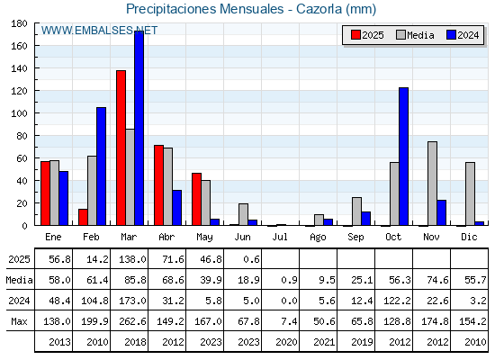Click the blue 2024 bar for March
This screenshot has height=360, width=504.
point(139,128)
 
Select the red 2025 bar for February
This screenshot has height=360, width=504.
point(83,217)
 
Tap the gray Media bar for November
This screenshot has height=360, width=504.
point(432,184)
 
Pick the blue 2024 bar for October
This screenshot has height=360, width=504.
point(404,157)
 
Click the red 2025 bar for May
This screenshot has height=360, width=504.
point(196,199)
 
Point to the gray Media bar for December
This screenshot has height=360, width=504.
point(470,193)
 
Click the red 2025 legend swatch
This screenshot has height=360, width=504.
point(355,35)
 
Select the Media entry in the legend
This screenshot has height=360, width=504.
point(415,35)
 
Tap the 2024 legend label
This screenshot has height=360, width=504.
point(468,35)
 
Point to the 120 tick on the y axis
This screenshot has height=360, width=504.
point(19,91)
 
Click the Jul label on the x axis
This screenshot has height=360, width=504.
point(280,237)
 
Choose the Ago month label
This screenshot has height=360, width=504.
point(318,238)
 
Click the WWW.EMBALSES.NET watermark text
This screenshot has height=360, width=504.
point(99,31)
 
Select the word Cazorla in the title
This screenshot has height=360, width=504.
point(319,9)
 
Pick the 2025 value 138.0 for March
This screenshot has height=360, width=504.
point(132,259)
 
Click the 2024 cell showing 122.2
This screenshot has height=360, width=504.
point(397,301)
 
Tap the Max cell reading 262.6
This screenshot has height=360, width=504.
point(132,321)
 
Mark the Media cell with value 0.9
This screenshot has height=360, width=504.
point(289,280)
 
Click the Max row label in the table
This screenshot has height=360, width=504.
point(19,321)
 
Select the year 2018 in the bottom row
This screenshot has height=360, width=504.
point(135,342)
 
